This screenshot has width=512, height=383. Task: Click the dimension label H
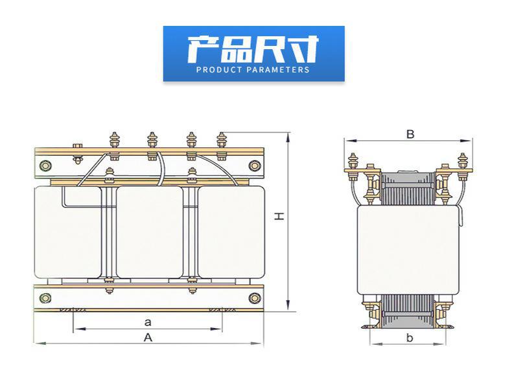[x=279, y=216]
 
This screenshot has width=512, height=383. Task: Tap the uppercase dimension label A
[x=148, y=338]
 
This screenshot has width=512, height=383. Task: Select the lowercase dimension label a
[x=148, y=322]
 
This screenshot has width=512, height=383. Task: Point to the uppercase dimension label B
[x=410, y=134]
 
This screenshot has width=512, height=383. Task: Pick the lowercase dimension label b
[x=410, y=337]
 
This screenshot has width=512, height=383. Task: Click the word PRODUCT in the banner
[x=219, y=69]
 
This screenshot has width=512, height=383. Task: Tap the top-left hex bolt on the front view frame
[x=46, y=166]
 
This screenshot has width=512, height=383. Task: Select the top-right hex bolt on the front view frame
[x=254, y=166]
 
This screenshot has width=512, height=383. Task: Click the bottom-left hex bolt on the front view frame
[x=45, y=298]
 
